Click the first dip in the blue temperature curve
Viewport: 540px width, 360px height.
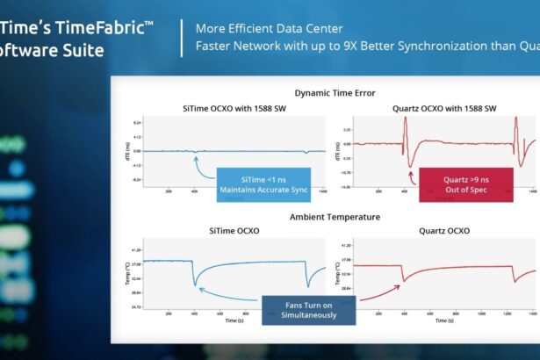(195, 286)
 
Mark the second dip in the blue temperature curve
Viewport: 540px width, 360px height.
(307, 285)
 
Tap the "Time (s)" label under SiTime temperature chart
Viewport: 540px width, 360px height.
(234, 321)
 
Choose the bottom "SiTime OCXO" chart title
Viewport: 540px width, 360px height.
(232, 231)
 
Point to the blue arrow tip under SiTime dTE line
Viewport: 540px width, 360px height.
(195, 154)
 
